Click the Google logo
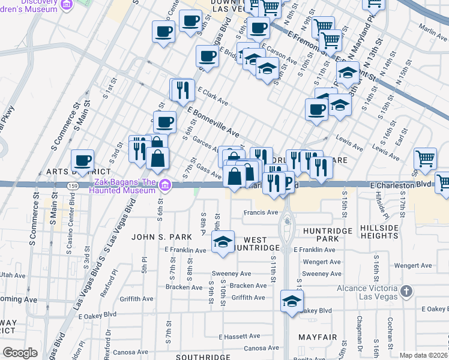(x=20, y=352)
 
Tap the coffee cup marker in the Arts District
(x=82, y=161)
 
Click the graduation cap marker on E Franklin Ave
(x=223, y=243)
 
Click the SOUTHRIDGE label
(x=204, y=357)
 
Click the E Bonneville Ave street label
(x=214, y=122)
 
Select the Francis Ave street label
(x=261, y=212)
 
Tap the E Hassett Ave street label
(x=240, y=336)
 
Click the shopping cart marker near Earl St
(x=425, y=159)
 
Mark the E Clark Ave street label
(x=209, y=96)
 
